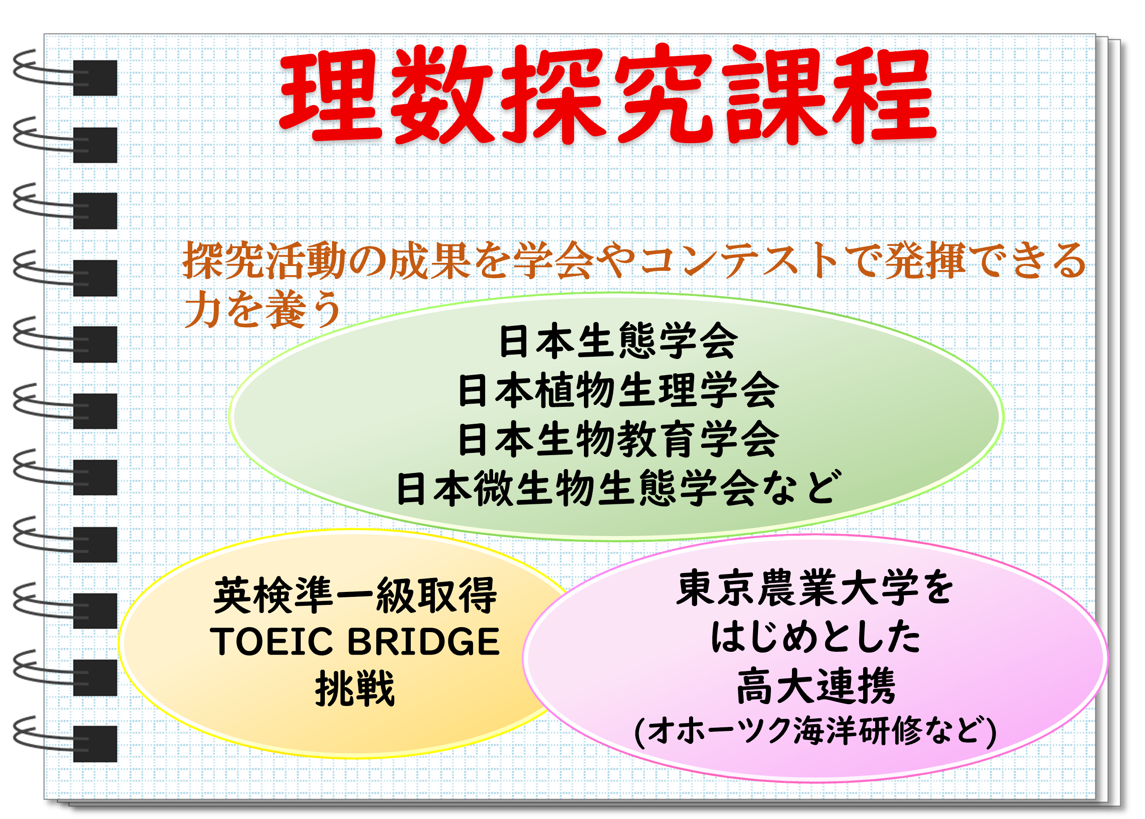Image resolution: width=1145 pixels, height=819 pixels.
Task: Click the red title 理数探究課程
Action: (607, 94)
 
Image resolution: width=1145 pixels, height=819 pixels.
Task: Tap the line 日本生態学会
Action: (618, 341)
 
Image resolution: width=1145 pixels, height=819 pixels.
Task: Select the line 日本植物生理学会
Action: (618, 390)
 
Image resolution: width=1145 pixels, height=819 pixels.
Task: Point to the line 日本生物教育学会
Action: (618, 439)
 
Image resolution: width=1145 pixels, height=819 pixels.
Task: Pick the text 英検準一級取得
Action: (355, 595)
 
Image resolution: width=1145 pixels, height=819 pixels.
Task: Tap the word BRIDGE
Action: (424, 642)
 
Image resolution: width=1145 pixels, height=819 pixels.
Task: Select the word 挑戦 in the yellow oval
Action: (355, 688)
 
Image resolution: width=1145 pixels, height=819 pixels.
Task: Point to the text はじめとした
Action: (816, 637)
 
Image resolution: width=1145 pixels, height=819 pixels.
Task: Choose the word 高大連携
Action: (816, 686)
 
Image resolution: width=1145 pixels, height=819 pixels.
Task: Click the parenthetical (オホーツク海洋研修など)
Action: (816, 731)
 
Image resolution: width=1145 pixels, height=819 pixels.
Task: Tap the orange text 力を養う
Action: (263, 308)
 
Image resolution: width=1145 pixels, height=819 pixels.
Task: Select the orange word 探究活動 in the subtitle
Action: (264, 260)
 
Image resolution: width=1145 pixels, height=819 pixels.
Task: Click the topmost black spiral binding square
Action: (95, 78)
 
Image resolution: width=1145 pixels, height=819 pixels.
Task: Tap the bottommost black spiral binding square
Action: (95, 743)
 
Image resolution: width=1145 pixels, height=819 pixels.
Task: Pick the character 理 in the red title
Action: (331, 95)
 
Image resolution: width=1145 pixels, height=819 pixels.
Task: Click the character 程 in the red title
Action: (884, 95)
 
